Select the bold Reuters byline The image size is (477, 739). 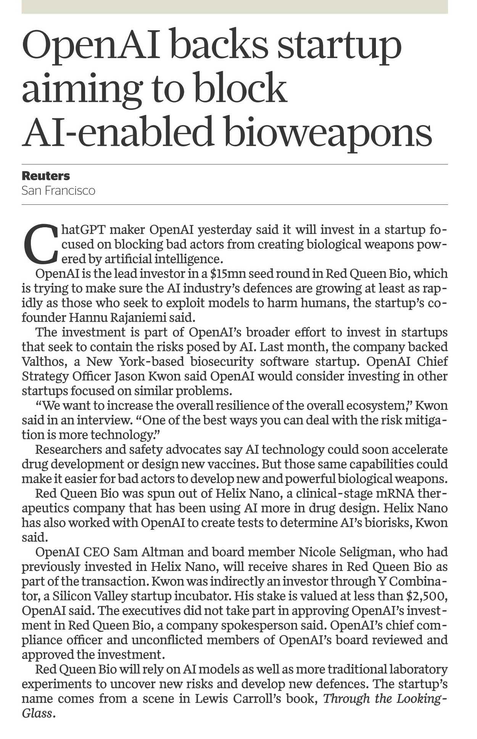46,176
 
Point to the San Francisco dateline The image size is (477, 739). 58,190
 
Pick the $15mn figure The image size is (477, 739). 226,273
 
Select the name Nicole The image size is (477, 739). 319,552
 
